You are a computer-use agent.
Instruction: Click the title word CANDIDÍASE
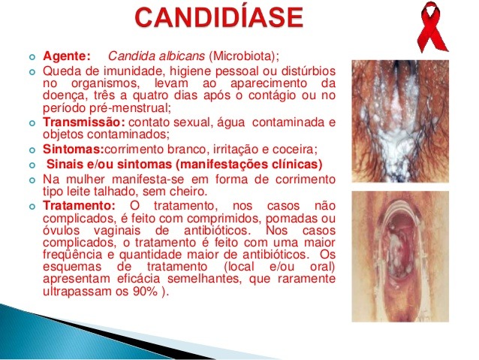pyautogui.click(x=219, y=17)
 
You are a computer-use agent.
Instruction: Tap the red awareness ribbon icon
pyautogui.click(x=432, y=26)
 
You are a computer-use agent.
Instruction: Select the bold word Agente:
pyautogui.click(x=67, y=56)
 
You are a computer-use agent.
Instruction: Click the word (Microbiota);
pyautogui.click(x=244, y=56)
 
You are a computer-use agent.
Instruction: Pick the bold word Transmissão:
pyautogui.click(x=84, y=122)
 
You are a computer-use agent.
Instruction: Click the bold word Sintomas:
pyautogui.click(x=74, y=150)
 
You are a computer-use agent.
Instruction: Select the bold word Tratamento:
pyautogui.click(x=79, y=205)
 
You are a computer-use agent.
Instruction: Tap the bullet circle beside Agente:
pyautogui.click(x=32, y=57)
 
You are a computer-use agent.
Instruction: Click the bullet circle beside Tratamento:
pyautogui.click(x=32, y=207)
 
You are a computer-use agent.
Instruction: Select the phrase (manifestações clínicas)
pyautogui.click(x=249, y=165)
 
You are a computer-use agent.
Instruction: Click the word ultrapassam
pyautogui.click(x=78, y=291)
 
